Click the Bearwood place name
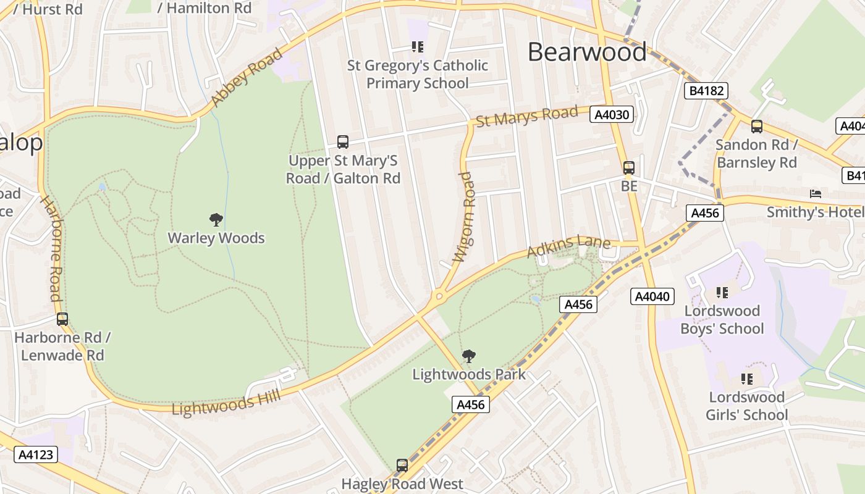point(586,52)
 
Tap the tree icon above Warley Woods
point(216,219)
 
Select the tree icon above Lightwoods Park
point(469,356)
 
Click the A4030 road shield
point(612,114)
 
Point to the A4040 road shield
point(652,296)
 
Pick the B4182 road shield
point(707,91)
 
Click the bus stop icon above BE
point(629,167)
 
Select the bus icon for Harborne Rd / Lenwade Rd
point(62,319)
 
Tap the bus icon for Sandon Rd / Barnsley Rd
point(757,127)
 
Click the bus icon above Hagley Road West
point(402,465)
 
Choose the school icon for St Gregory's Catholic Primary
point(418,46)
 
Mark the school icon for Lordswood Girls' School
point(747,379)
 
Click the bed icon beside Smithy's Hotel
point(816,194)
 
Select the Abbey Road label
point(246,77)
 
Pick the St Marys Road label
point(527,116)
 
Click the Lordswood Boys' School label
point(722,319)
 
